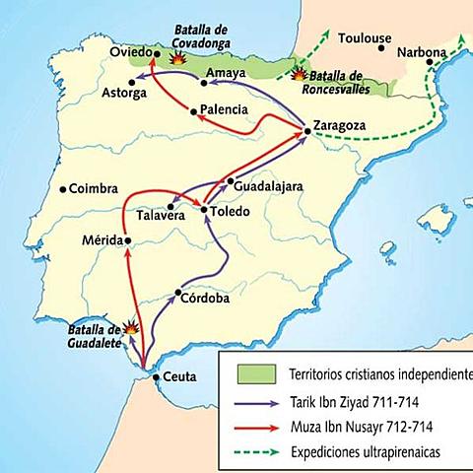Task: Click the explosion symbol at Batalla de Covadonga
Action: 179,58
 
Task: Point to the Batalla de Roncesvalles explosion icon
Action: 299,74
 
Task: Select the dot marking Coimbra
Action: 63,189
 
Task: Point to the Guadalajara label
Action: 269,185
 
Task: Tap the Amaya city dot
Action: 204,83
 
